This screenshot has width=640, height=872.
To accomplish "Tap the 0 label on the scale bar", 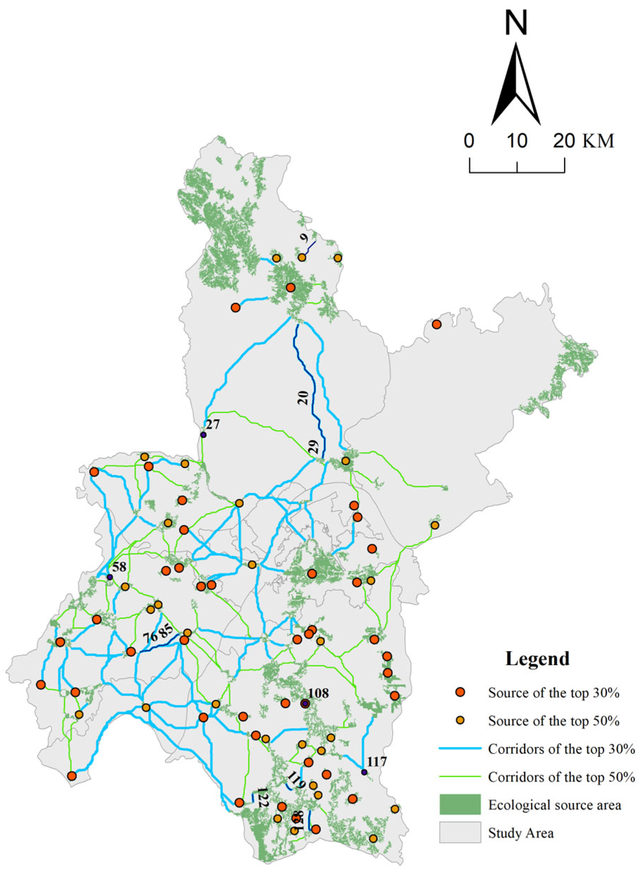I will (469, 141).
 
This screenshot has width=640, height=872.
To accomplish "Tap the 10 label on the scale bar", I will (517, 141).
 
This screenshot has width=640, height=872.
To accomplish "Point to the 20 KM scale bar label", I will (583, 141).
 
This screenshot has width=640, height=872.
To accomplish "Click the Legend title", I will (537, 658).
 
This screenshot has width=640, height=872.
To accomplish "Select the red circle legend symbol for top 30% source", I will (460, 692).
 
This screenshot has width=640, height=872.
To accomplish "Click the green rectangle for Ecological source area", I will (460, 804).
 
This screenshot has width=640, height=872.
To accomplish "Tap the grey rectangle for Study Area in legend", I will (460, 832).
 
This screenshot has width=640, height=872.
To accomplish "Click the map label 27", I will (212, 424).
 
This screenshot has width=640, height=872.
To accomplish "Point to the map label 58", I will (119, 567).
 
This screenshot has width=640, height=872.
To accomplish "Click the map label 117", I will (377, 762).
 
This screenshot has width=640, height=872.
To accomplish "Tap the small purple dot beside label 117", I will (363, 772).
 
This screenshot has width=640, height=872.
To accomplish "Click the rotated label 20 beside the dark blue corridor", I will (303, 397).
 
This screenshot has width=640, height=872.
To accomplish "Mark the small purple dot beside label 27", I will (203, 434).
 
